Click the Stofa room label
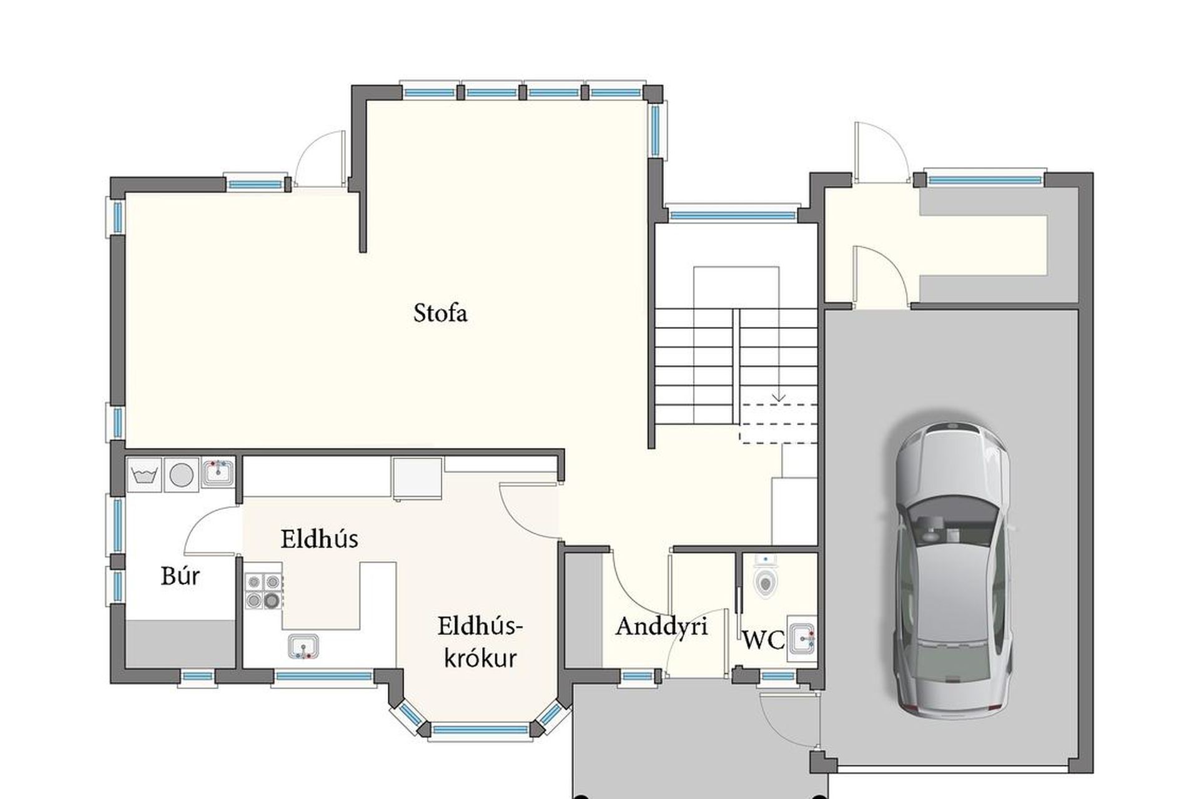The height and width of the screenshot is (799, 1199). (x=440, y=313)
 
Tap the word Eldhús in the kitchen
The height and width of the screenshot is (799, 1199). (x=319, y=539)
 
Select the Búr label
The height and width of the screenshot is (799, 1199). (x=180, y=576)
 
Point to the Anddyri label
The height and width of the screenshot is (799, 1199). (x=661, y=626)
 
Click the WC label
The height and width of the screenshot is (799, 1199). (x=763, y=640)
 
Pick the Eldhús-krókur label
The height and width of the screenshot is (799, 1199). (x=480, y=642)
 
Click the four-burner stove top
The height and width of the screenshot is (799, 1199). (x=263, y=591)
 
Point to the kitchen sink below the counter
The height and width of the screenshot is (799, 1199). (x=303, y=647)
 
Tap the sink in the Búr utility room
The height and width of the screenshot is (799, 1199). (x=218, y=473)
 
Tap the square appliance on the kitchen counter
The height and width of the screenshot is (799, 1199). (x=418, y=478)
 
